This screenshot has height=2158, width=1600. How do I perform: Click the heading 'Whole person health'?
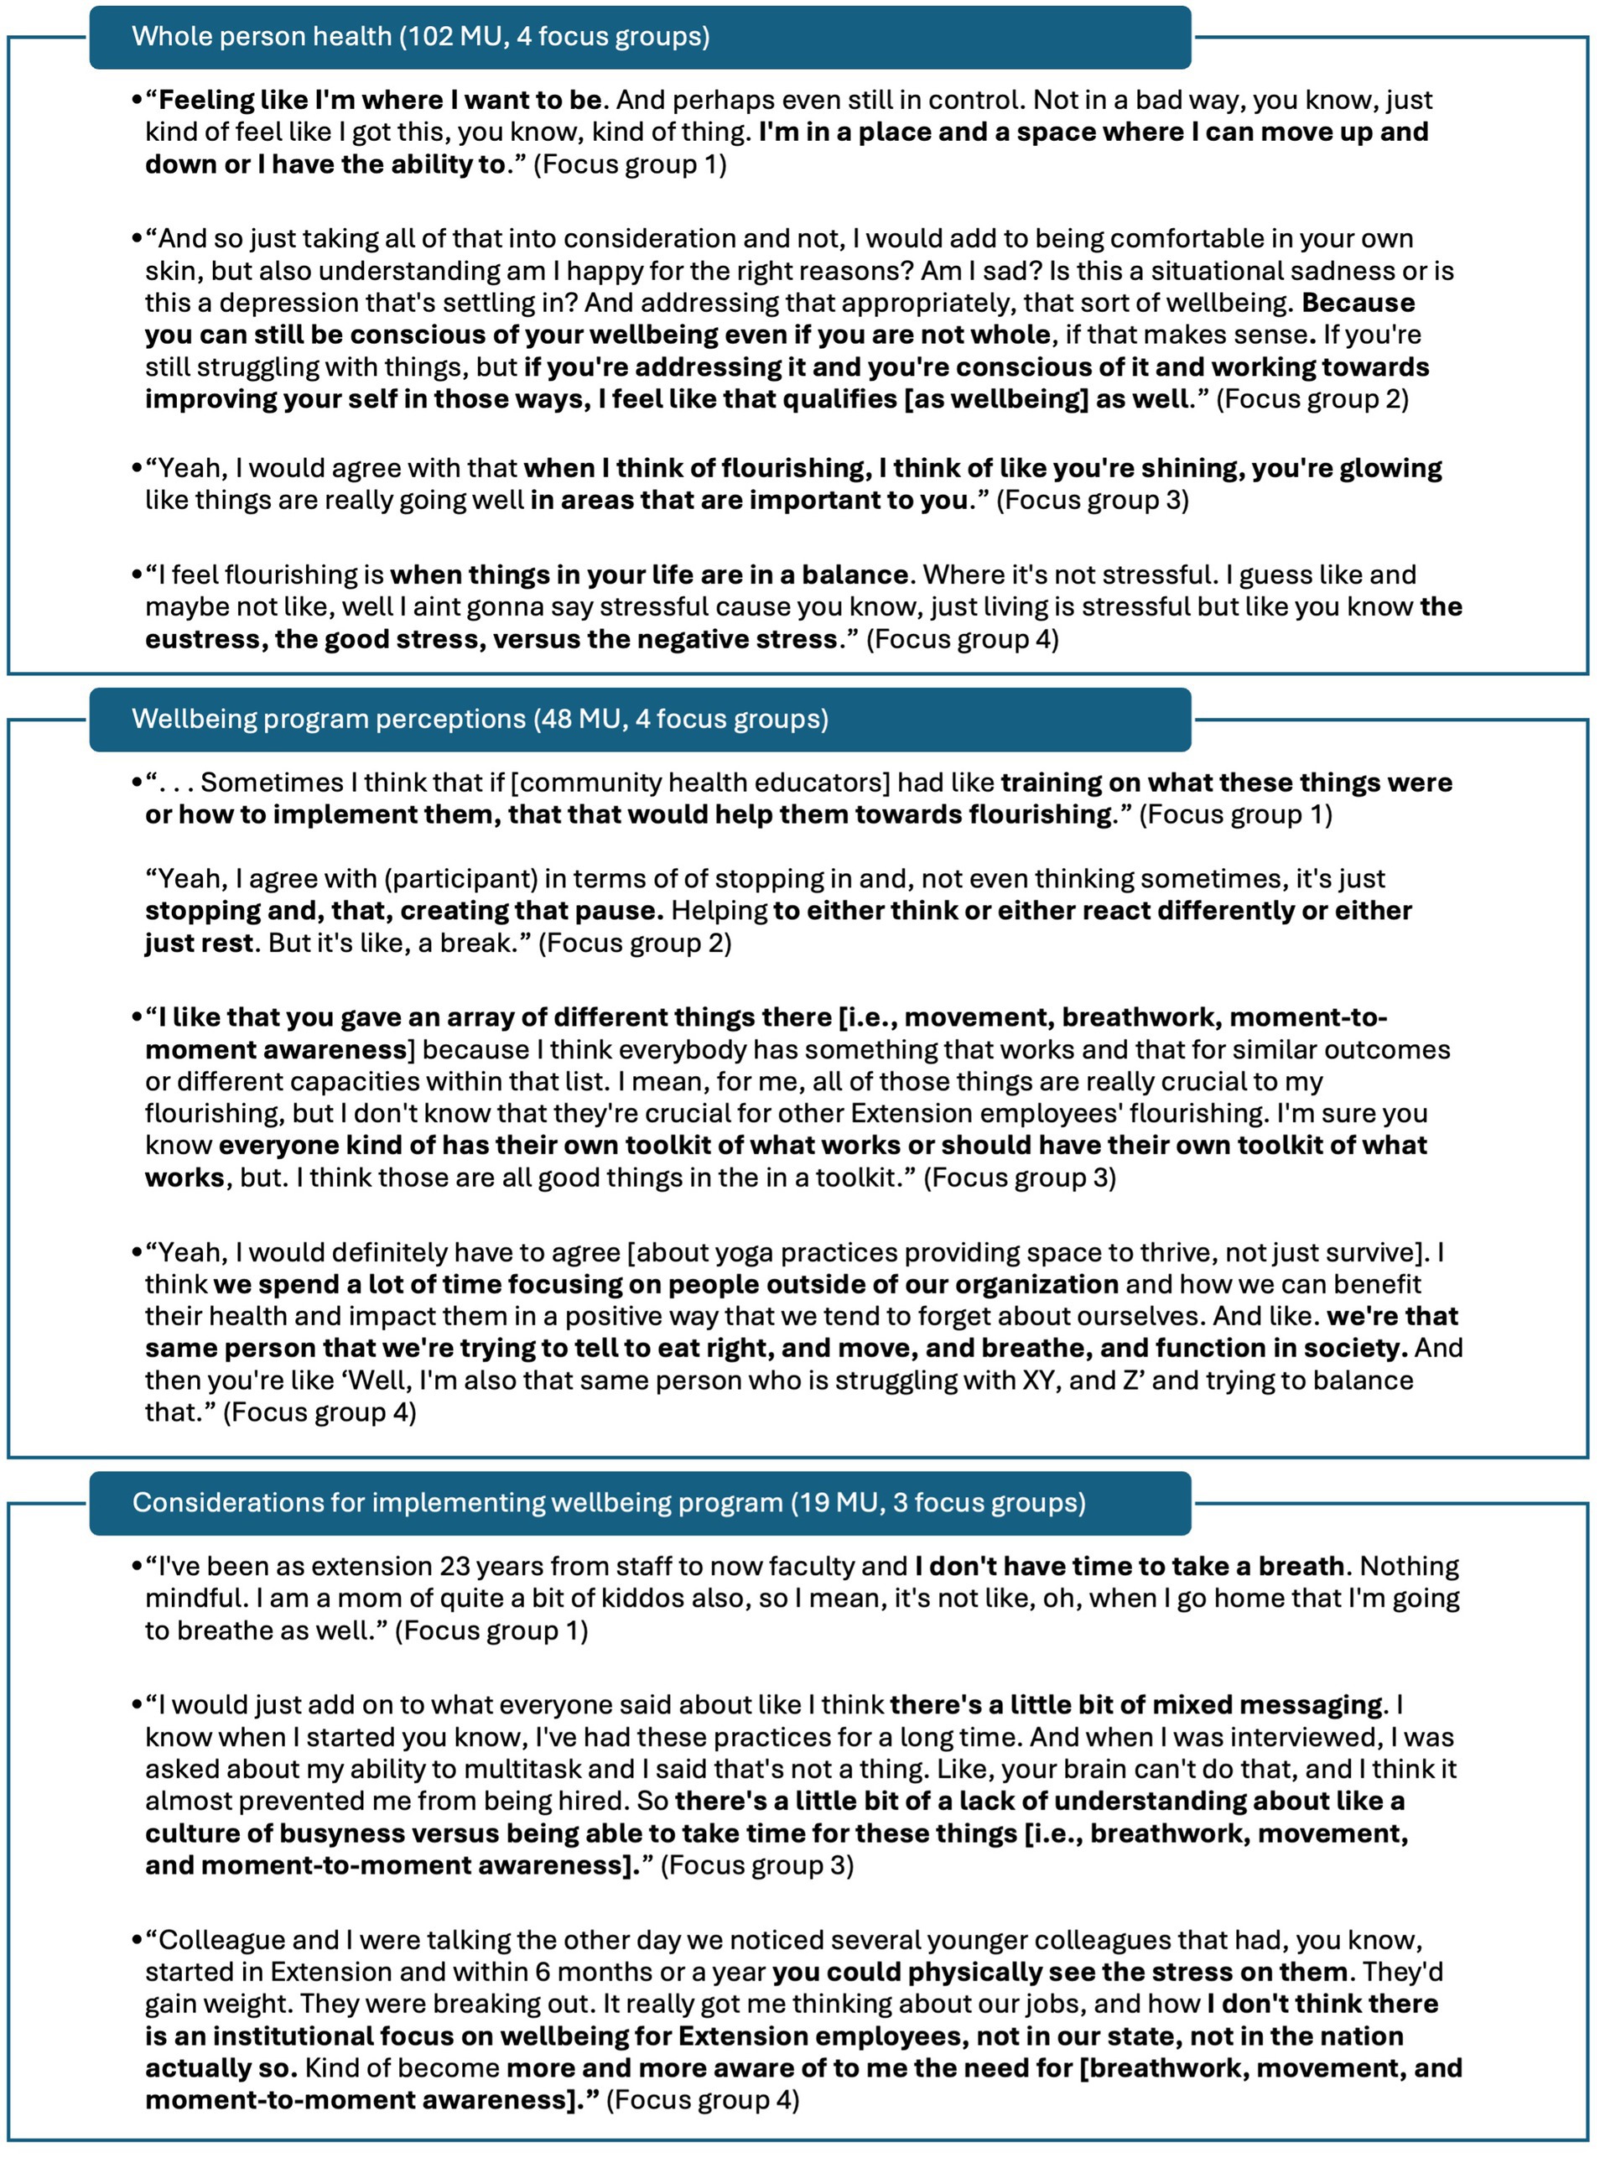tap(261, 37)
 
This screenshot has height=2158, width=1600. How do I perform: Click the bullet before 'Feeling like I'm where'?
tap(137, 100)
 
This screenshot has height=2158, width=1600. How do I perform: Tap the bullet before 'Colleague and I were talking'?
tap(137, 1940)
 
